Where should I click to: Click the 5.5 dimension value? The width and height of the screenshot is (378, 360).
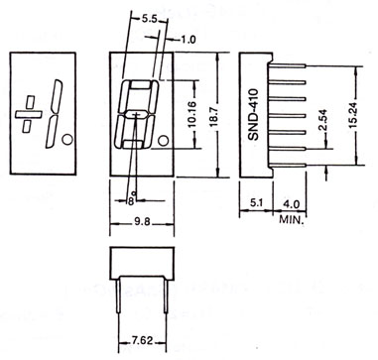coord(149,19)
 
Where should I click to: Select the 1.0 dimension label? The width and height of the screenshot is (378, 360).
coord(189,40)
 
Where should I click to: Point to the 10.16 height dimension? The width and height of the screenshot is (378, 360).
coord(192,114)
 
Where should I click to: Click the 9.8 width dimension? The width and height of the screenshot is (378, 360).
coord(142,222)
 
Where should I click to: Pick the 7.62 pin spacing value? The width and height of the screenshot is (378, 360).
coord(143,340)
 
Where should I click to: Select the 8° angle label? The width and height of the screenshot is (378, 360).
coord(132,199)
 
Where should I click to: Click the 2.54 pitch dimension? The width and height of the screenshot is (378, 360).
coord(323,120)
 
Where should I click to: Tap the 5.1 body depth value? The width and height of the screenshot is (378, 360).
coord(257,203)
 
